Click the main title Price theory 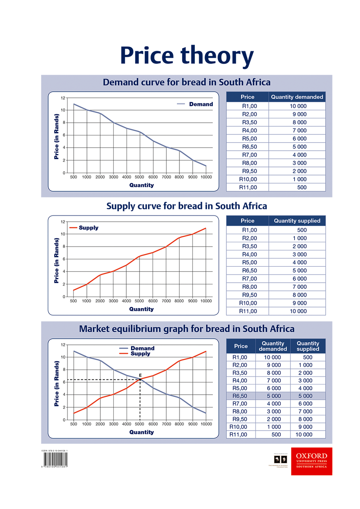pos(186,56)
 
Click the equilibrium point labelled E pos(140,379)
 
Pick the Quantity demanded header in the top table pos(297,97)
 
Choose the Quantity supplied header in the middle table pos(297,221)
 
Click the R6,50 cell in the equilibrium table pos(240,396)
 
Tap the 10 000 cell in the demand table pos(298,106)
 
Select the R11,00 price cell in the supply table pos(248,311)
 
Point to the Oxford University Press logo pos(311,461)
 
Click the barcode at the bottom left pos(55,460)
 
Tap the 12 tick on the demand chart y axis pos(63,98)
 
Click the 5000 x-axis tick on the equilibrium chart pos(139,424)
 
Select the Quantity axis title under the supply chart pos(141,309)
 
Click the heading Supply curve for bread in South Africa pos(186,206)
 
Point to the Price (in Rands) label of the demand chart pos(57,136)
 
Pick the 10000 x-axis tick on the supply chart pos(206,301)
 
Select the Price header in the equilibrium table pos(241,346)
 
